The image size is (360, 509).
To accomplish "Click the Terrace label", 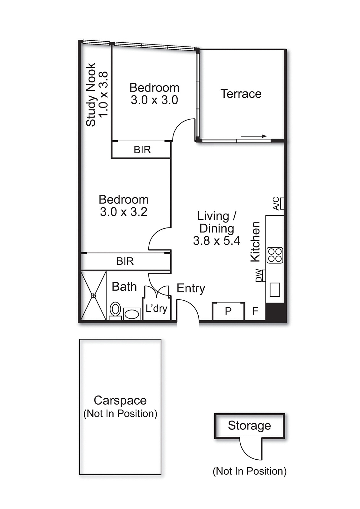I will [241, 94].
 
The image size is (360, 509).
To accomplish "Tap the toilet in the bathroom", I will [115, 309].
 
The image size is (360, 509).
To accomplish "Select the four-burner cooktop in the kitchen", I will [275, 255].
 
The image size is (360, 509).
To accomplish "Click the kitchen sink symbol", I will [275, 289].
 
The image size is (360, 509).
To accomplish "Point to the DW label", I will [259, 275].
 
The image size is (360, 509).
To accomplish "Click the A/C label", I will [276, 204].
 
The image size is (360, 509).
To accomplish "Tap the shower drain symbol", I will [93, 296].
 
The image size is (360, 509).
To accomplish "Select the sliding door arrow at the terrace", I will [254, 136].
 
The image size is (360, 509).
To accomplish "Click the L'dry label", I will [156, 308].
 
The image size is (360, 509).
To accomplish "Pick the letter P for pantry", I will [228, 311].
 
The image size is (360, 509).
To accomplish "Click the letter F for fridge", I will [255, 311].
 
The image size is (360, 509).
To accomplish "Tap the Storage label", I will [249, 426].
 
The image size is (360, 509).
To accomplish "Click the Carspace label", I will [120, 400].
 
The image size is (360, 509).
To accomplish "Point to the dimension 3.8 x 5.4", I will [216, 241].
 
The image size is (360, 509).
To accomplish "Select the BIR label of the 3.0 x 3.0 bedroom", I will [142, 150].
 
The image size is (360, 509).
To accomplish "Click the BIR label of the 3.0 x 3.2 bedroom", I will [125, 261].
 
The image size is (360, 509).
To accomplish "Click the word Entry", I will [191, 288].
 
